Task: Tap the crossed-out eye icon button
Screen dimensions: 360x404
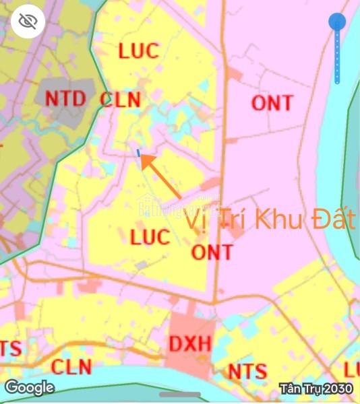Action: (x=28, y=23)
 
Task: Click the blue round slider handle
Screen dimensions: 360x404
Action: (x=338, y=22)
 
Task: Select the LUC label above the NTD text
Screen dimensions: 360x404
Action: (x=138, y=50)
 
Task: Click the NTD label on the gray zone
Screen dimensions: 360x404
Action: (x=65, y=98)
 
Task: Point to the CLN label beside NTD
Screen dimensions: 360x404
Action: (x=120, y=100)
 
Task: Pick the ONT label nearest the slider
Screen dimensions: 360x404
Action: (x=272, y=103)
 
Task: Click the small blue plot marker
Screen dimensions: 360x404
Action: (x=139, y=154)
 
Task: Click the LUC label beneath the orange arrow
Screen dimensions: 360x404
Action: (x=150, y=237)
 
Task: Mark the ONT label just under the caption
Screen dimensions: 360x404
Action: (x=212, y=252)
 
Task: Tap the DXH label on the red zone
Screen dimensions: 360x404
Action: (x=190, y=344)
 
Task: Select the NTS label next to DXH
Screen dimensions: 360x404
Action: (x=247, y=371)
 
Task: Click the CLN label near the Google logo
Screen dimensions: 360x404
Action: (x=71, y=367)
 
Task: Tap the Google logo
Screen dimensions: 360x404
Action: (x=30, y=387)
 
